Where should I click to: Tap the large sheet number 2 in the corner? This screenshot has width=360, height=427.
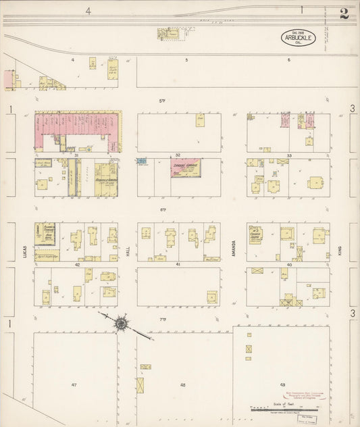344,14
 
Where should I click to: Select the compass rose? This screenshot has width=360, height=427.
121,324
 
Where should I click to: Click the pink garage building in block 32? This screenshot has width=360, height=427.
185,167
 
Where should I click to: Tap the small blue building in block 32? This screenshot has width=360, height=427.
141,161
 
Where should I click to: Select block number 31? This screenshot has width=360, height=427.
76,155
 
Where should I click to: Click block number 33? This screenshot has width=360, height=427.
288,155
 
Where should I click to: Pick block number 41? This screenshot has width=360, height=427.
178,265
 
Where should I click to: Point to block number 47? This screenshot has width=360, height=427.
74,384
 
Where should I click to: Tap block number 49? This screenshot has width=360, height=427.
282,384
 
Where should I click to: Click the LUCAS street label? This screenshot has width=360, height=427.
22,252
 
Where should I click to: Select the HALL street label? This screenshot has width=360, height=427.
127,252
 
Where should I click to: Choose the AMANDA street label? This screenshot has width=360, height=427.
233,252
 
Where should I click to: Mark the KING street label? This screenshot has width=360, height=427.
340,252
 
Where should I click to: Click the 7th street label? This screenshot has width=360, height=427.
163,318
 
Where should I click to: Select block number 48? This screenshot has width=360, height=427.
182,384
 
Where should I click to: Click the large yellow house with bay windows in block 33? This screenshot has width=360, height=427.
315,182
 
